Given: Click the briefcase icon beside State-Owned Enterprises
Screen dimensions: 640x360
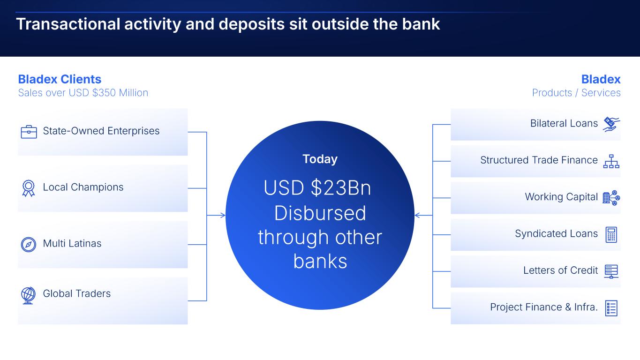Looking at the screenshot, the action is coord(29,132).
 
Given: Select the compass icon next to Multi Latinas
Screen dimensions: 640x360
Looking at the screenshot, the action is coord(29,245).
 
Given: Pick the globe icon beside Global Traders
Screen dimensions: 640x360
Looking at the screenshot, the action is coord(28,295).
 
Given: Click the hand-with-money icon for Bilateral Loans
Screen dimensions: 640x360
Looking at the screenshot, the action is coord(611,124).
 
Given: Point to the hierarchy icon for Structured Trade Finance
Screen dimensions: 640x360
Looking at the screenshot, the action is coord(611,161).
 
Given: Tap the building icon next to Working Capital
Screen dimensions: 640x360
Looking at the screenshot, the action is coord(611,198).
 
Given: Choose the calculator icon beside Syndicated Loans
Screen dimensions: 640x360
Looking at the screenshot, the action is coord(611,234).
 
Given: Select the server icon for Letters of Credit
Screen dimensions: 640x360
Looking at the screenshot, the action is coord(611,271).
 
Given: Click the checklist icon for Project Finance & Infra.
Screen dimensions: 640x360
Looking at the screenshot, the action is coord(611,308).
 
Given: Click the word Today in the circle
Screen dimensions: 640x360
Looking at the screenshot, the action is coord(320,159).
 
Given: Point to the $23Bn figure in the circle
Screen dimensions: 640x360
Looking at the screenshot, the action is coord(341,187).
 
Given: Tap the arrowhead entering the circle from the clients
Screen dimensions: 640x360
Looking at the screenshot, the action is coord(223,215).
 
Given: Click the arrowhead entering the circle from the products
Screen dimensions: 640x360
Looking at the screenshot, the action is coord(417,215).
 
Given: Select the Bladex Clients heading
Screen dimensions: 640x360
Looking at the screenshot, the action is coord(60,79).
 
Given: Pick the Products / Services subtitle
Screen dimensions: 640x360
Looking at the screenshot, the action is coord(576,92).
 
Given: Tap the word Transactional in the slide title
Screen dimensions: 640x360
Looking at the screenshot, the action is coord(68,24).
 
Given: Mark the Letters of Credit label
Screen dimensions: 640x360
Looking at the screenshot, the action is coord(561,270).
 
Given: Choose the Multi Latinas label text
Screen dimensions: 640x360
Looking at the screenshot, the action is coord(72,243).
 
